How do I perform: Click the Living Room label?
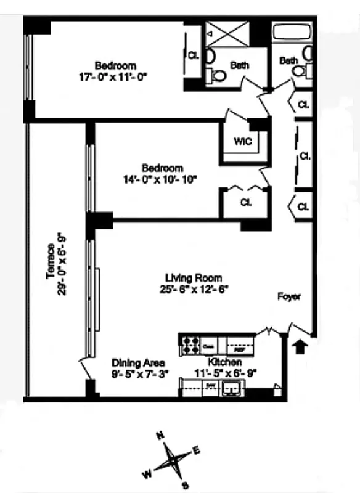point(193,278)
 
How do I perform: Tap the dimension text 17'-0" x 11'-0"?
point(115,76)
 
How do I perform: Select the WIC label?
point(242,141)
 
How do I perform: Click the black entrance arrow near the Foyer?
point(300,348)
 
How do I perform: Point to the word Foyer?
point(288,297)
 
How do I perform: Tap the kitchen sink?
point(234,388)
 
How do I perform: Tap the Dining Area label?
point(132,363)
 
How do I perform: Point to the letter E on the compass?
point(197,450)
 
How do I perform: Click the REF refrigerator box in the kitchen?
point(239,348)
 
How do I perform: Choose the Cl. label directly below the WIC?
point(245,202)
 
